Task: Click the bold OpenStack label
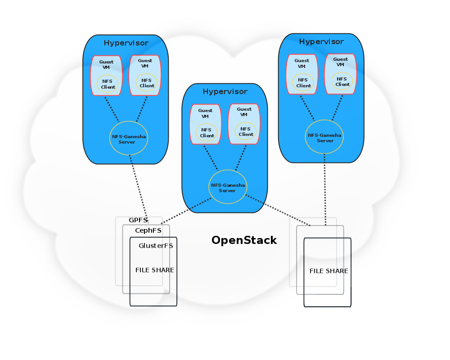coord(244,240)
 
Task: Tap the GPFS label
coord(138,220)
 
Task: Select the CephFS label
coord(148,230)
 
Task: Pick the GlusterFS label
coord(156,246)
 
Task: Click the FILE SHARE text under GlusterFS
coord(154,270)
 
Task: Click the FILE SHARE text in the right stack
coord(328,271)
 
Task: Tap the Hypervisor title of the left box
coord(126,43)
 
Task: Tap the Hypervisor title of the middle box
coord(225,91)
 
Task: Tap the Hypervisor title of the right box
coord(321,41)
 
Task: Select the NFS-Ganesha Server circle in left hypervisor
coord(129,138)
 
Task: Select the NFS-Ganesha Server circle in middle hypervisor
coord(228,187)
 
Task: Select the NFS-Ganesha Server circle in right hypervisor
coord(324,137)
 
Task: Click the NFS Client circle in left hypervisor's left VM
coord(108,84)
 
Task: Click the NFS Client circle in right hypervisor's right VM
coord(342,81)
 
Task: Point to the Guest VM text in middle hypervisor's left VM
coord(205,113)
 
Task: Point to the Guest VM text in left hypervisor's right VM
coord(145,63)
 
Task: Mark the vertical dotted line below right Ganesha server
coord(324,189)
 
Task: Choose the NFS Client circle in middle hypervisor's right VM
coord(245,131)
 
